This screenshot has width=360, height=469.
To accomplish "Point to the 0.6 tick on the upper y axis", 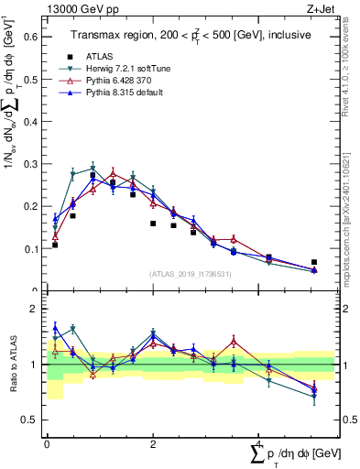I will pos(33,38).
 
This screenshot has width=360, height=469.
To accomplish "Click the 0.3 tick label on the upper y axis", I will pos(33,164).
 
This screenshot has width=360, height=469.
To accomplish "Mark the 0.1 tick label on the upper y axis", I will pos(33,248).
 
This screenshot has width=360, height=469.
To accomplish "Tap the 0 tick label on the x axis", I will pos(47,444).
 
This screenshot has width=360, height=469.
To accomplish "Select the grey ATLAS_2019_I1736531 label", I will pos(190,273).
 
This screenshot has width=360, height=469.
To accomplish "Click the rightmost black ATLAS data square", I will pos(314,262).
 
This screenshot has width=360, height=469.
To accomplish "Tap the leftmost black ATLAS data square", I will pos(55,245).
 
